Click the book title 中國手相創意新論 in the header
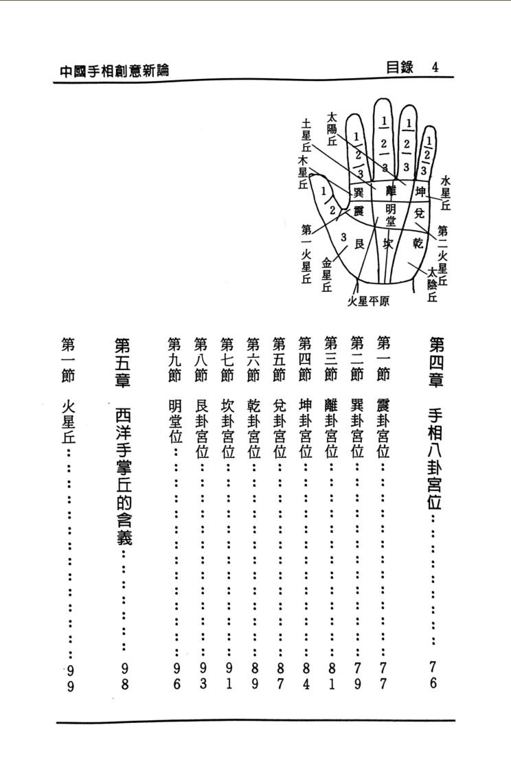(x=115, y=70)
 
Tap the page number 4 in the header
(x=435, y=67)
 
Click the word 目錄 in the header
(x=400, y=67)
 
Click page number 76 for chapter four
(x=433, y=674)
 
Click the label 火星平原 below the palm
(x=369, y=301)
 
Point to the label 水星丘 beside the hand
(x=446, y=193)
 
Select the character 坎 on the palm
(x=389, y=243)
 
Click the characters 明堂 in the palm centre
(x=391, y=214)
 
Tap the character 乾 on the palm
(x=418, y=242)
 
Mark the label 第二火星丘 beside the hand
(x=442, y=255)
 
